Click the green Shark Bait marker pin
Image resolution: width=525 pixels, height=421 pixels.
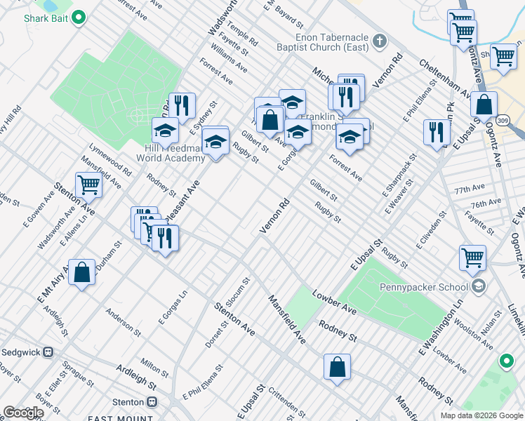79,17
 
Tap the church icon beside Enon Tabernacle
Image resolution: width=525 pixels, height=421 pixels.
380,40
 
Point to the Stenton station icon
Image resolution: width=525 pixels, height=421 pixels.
152,402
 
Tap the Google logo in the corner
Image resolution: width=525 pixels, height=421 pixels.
23,413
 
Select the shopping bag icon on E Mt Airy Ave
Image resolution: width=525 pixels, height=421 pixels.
82,272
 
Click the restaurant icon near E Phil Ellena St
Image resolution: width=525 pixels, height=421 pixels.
437,132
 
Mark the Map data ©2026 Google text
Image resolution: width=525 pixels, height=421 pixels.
481,415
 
